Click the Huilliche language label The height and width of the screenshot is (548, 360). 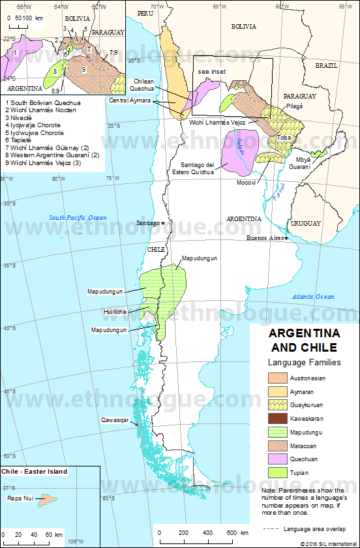(116, 312)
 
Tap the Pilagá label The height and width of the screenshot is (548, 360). (293, 105)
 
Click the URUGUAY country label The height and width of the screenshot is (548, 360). (305, 223)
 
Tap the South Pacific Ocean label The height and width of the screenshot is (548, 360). (78, 217)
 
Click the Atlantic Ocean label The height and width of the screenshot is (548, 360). (313, 296)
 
